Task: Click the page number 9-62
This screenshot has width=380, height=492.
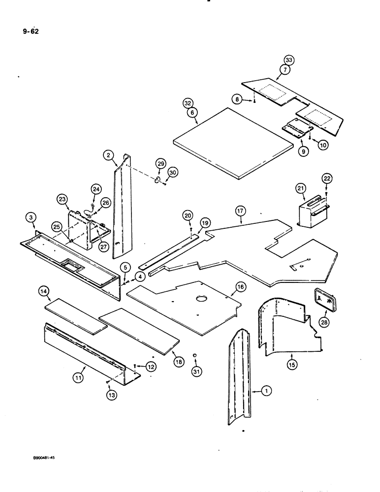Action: pyautogui.click(x=30, y=32)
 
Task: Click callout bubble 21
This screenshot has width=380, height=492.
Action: pyautogui.click(x=301, y=187)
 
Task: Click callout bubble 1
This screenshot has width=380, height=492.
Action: pyautogui.click(x=266, y=391)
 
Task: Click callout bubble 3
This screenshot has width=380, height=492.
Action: pyautogui.click(x=31, y=217)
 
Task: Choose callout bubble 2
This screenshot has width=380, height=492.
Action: pyautogui.click(x=109, y=155)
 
